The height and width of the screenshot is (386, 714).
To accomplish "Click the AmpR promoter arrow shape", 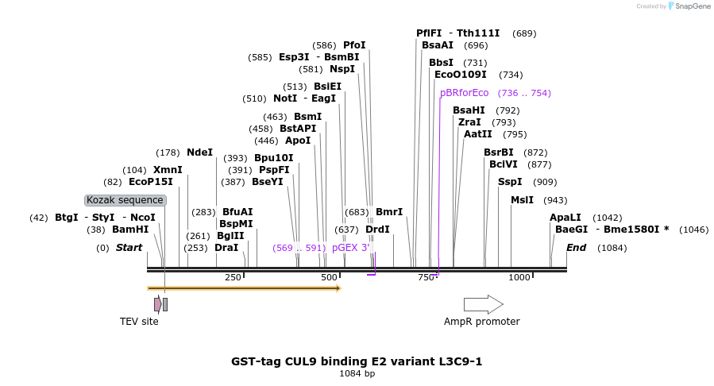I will [x=483, y=304].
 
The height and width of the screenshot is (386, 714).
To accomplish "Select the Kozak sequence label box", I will [x=125, y=200].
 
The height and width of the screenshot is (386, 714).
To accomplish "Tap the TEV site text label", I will [x=139, y=322].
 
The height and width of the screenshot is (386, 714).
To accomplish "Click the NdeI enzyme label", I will [x=199, y=152].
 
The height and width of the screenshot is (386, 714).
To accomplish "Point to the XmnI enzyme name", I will [x=168, y=170].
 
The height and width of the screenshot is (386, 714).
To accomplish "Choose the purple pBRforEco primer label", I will [x=465, y=93].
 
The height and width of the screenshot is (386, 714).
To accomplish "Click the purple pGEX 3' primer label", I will [x=351, y=248].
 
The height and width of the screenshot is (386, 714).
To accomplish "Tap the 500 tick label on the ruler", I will [x=329, y=277].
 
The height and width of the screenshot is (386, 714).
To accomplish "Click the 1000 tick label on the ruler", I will [x=519, y=277].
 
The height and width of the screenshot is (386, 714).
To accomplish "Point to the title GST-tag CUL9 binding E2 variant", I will [x=357, y=361].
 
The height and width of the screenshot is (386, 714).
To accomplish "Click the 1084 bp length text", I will [x=357, y=373].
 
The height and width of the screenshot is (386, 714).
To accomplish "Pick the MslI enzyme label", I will [x=522, y=200].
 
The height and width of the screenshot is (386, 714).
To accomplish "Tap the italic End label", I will [x=576, y=248].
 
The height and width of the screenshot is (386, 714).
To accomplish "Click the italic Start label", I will [x=129, y=248].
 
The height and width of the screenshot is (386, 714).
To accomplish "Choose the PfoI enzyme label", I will [x=354, y=45].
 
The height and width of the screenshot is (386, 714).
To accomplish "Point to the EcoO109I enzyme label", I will [x=460, y=75].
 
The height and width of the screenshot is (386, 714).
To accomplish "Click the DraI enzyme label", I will [x=226, y=248].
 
